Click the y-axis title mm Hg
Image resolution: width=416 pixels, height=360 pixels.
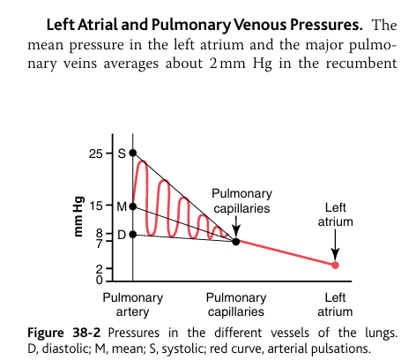click(78, 217)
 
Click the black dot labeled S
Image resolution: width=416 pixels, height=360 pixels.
click(132, 154)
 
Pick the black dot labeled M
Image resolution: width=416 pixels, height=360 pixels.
click(132, 206)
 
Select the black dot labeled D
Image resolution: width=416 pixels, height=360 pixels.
click(132, 235)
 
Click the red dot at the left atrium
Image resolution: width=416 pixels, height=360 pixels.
click(335, 265)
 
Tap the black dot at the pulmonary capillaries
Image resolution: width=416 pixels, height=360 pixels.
click(235, 240)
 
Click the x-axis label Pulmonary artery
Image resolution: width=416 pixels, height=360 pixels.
click(132, 304)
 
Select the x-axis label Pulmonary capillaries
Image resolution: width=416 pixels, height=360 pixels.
click(235, 304)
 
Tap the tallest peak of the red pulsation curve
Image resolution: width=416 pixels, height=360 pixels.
click(141, 162)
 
